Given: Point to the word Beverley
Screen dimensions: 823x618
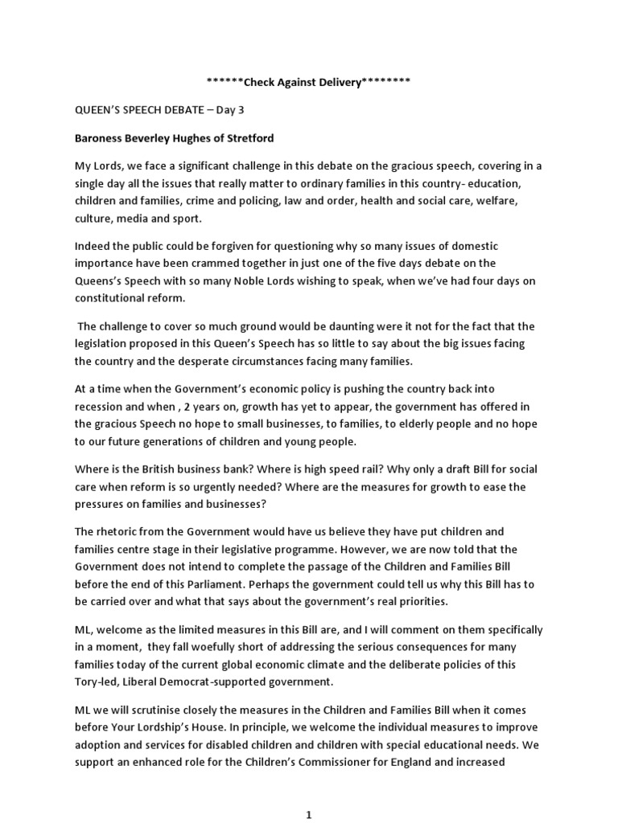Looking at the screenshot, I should pos(147,138).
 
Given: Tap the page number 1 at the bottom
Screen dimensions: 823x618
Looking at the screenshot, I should pos(308,815).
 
